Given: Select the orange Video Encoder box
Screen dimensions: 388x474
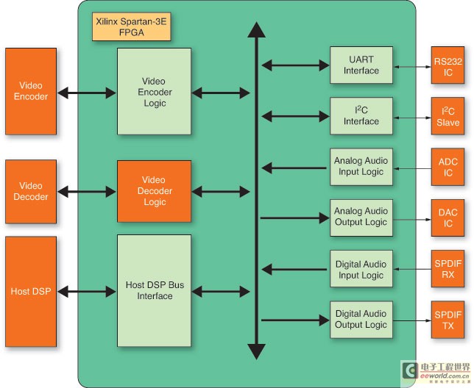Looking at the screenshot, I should coord(31,91).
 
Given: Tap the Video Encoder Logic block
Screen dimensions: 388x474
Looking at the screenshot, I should coord(154,91).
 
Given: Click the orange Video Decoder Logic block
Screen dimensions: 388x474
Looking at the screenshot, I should coord(154,191).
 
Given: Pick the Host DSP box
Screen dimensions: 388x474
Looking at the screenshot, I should coord(31,292).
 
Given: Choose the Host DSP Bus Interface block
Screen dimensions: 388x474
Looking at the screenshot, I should coord(154,291).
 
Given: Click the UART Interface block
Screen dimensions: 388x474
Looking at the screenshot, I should coord(361,65).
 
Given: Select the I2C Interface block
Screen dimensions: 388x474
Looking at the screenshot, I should coord(361,116).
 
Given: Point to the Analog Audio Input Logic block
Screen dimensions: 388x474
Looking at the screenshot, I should coord(361,167).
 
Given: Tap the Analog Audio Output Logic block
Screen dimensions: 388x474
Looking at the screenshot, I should coord(361,218).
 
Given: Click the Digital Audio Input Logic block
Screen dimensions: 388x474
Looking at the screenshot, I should coord(361,270).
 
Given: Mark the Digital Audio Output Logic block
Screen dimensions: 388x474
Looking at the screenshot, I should coord(361,320).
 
